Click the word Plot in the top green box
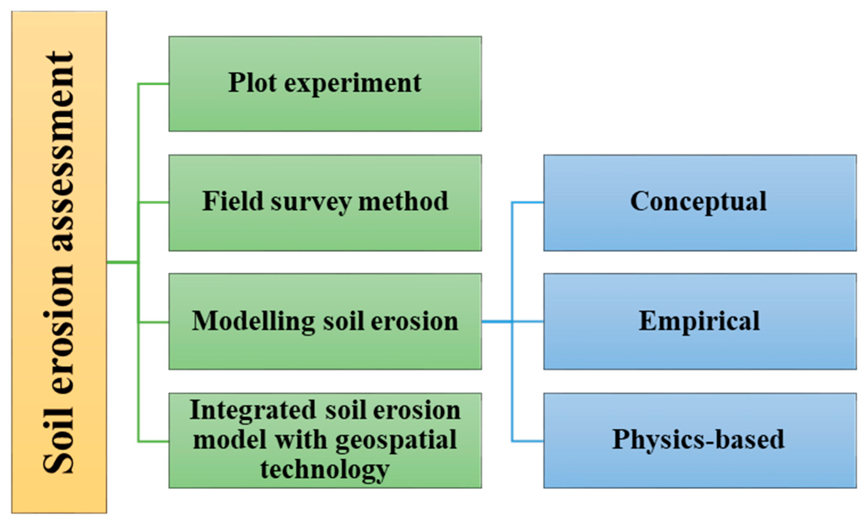tap(252, 82)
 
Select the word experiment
tap(353, 84)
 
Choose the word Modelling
tap(253, 321)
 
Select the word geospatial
tap(396, 440)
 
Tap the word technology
tap(324, 470)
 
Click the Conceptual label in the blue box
tap(698, 201)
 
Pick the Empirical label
tap(699, 321)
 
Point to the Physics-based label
tap(698, 439)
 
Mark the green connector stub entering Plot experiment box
tap(153, 84)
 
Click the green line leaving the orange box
tap(122, 262)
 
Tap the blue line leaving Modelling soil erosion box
tap(496, 322)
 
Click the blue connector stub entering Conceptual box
tap(528, 202)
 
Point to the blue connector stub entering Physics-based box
tap(528, 441)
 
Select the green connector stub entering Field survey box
tap(153, 202)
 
